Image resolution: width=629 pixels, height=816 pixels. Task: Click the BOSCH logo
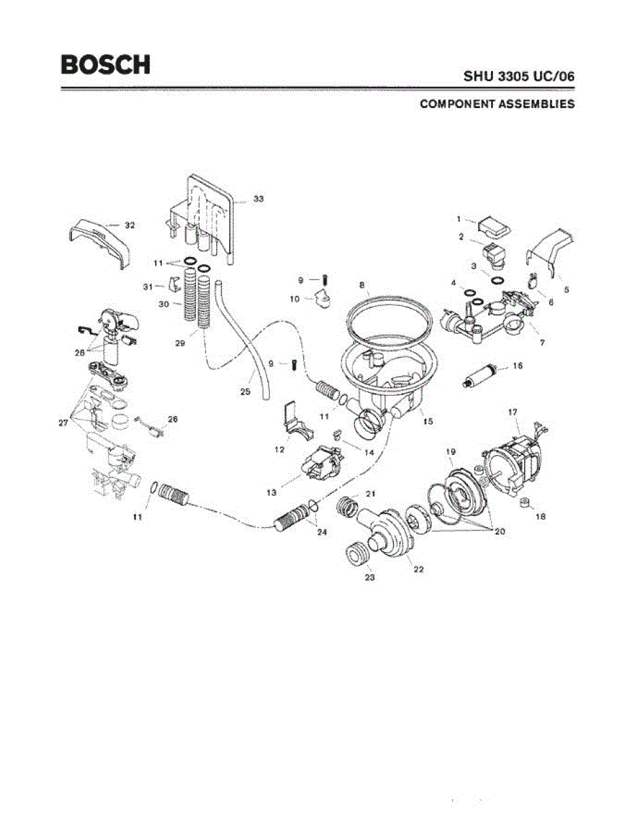tap(105, 65)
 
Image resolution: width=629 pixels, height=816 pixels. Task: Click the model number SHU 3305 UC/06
tap(519, 77)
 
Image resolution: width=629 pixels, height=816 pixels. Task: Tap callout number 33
tap(258, 199)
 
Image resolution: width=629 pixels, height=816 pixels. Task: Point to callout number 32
tap(130, 225)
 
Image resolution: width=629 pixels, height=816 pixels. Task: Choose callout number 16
tap(517, 366)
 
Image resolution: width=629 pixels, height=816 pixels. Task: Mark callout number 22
tap(418, 569)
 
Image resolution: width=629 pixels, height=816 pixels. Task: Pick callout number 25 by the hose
tap(245, 392)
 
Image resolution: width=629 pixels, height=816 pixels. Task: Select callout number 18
tap(541, 516)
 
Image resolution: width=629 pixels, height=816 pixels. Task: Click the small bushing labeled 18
tap(524, 503)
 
